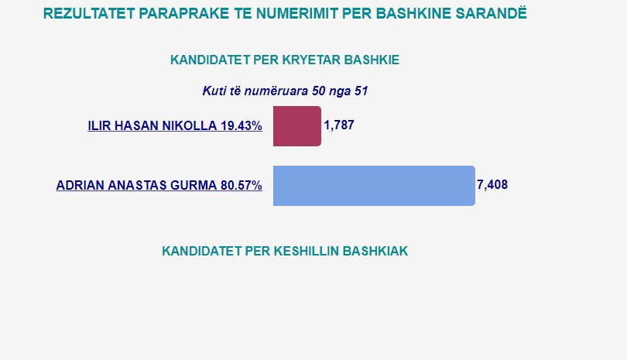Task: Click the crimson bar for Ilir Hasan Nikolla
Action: (297, 126)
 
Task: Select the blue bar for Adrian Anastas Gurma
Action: (375, 186)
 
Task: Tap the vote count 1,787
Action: (339, 125)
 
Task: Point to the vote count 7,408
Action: (492, 185)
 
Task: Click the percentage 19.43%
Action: (242, 125)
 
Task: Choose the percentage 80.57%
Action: (242, 185)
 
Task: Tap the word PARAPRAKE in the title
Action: (183, 14)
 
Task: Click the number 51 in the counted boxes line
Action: (361, 91)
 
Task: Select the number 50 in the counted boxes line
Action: (319, 91)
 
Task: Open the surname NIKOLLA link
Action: (191, 125)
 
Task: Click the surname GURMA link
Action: (194, 185)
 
